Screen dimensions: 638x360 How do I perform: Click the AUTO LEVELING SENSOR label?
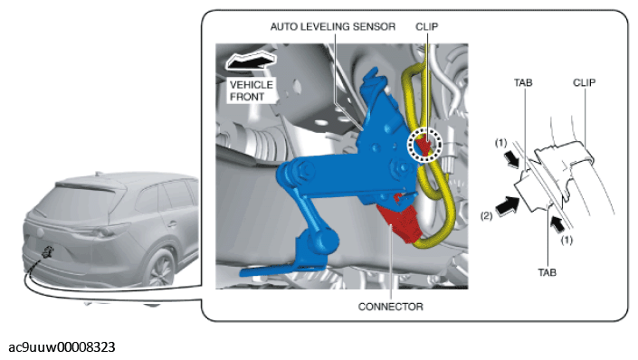[333, 27]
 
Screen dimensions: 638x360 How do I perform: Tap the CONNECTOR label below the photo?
[391, 307]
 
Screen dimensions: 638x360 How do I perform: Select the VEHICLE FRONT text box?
[252, 90]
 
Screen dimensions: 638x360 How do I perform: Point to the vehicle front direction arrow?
[251, 61]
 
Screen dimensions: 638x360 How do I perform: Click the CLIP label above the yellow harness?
[427, 27]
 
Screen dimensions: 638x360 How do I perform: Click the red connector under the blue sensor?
[400, 221]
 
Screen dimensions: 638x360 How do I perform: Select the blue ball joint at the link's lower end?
[322, 242]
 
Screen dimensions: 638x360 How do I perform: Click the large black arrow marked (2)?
[507, 205]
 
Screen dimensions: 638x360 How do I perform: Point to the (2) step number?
[486, 216]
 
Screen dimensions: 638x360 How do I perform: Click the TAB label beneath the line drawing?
[547, 272]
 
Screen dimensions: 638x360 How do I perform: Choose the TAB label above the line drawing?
[523, 83]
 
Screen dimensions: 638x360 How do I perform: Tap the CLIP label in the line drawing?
[585, 83]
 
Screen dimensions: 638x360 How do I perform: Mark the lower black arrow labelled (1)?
[557, 224]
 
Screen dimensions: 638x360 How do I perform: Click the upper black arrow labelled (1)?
[510, 158]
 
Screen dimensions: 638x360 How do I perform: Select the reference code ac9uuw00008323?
[62, 347]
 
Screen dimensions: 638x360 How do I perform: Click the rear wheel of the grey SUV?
[162, 267]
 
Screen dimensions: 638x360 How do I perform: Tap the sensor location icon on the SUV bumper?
[48, 252]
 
